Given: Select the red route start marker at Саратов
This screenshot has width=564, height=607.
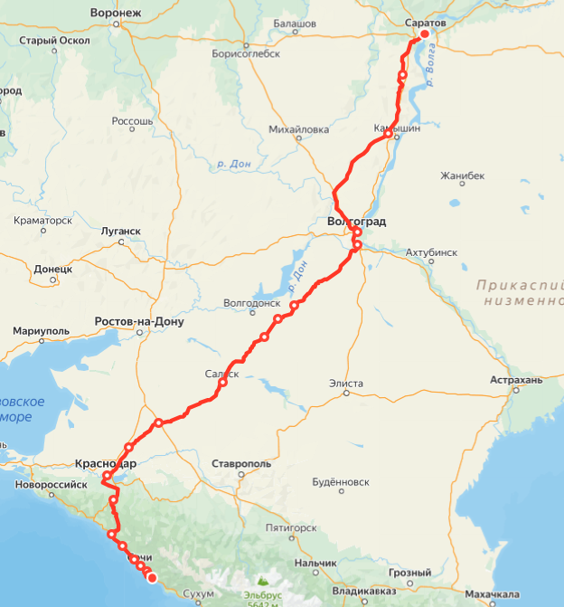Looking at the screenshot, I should [425, 34].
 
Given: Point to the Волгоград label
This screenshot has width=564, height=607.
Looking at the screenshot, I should [356, 221].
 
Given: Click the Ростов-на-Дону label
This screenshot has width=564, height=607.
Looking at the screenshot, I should [139, 322].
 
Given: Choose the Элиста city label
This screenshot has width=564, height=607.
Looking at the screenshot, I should [347, 384].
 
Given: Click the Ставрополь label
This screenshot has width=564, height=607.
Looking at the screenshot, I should [241, 463].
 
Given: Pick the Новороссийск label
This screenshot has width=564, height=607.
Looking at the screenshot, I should [50, 485].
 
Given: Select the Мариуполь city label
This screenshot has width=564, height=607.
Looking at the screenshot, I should [42, 331].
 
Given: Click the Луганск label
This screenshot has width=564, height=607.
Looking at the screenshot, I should [119, 231].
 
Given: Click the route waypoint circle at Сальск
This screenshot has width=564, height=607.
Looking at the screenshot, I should [222, 383].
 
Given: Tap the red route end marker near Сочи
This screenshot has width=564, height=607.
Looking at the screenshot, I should [152, 577].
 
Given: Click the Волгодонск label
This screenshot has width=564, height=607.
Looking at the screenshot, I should [252, 304].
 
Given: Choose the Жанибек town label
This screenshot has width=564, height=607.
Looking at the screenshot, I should [462, 175].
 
